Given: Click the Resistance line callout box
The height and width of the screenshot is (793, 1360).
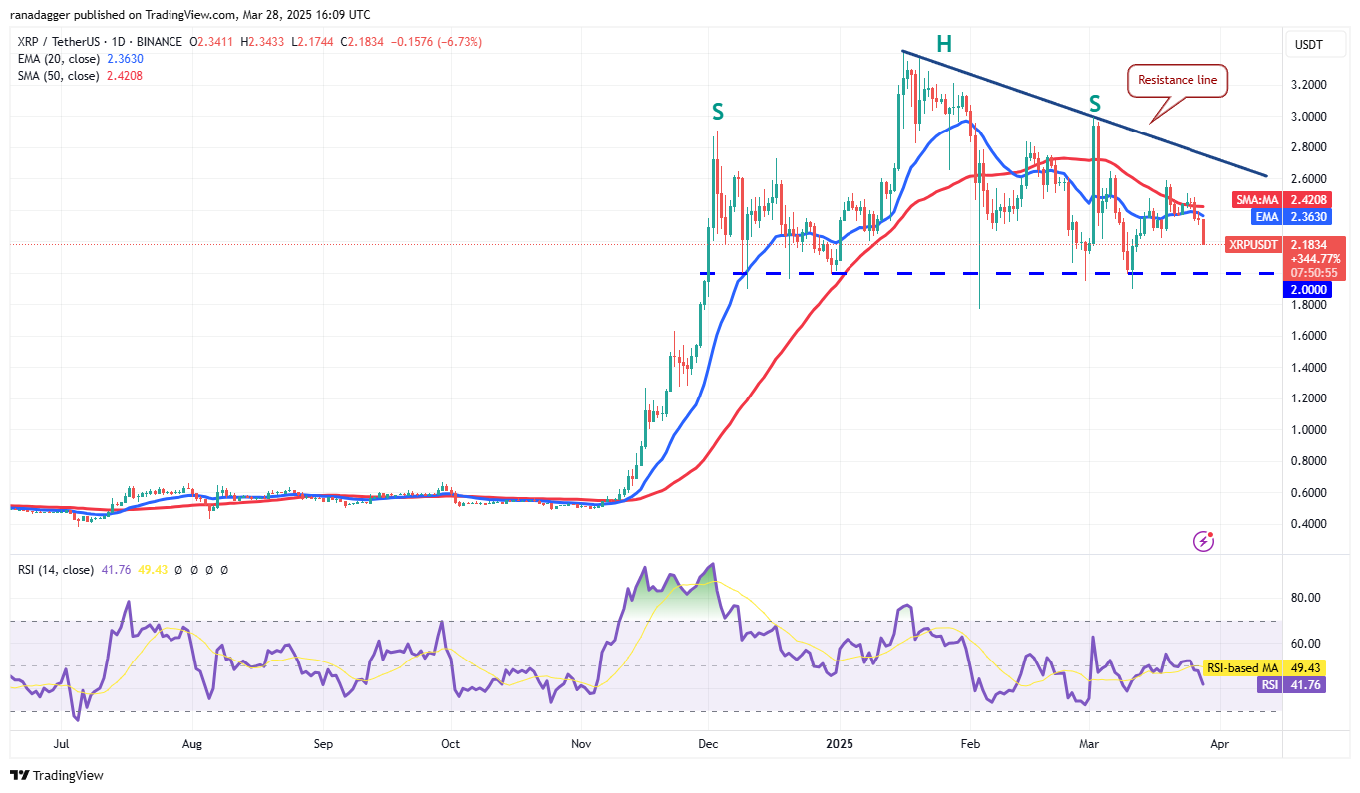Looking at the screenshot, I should (x=1178, y=81).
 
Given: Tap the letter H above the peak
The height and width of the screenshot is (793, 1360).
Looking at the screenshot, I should (x=943, y=43).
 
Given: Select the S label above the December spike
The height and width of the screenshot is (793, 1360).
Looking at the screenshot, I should (x=717, y=113).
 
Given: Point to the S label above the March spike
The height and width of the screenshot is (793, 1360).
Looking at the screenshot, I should (x=1095, y=104).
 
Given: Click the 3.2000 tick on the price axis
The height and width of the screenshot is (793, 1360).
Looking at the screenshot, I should (x=1307, y=85).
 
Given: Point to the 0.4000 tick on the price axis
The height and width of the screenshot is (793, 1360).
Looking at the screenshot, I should (x=1307, y=524).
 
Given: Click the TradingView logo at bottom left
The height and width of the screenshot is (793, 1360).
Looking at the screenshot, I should (x=57, y=775).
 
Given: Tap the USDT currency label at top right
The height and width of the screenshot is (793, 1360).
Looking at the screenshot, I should (x=1307, y=43).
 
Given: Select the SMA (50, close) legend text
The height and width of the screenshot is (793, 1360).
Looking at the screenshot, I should (x=57, y=74).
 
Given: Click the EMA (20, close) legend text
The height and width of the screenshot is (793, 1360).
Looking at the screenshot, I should (x=57, y=58).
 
